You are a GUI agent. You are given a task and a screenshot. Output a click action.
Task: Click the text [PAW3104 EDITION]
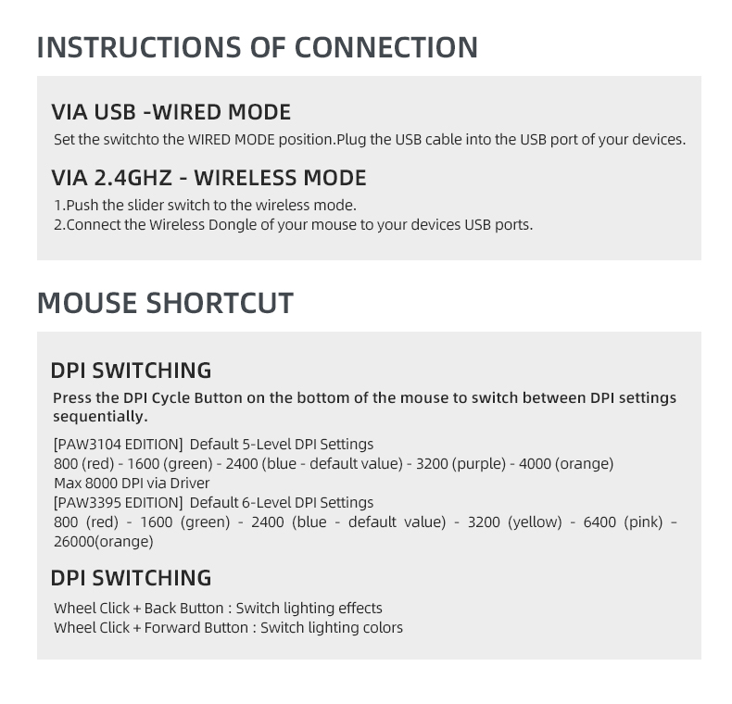118,444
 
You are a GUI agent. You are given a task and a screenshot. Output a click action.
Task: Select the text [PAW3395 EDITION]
118,502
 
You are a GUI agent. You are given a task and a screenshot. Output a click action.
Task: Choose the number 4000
535,463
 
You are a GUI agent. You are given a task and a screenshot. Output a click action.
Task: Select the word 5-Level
265,444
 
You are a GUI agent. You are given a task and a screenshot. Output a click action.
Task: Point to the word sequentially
100,417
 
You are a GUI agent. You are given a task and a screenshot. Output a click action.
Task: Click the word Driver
190,483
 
